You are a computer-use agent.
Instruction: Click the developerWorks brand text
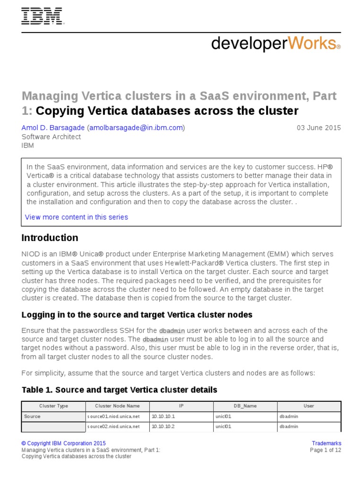tap(276, 43)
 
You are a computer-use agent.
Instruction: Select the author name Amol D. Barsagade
tap(52, 128)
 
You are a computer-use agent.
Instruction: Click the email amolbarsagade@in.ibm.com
tap(136, 128)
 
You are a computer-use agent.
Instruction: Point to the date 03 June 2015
tap(319, 128)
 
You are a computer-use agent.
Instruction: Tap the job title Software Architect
tap(51, 137)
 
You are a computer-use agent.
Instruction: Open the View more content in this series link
tap(77, 217)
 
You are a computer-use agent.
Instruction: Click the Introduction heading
tap(50, 238)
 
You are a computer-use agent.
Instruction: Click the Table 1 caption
tap(120, 390)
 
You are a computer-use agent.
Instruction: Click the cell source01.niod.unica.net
tap(113, 416)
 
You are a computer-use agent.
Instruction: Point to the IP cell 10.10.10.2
tap(163, 426)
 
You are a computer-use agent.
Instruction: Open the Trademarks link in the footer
tap(327, 443)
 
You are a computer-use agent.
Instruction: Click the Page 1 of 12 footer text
tap(325, 450)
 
